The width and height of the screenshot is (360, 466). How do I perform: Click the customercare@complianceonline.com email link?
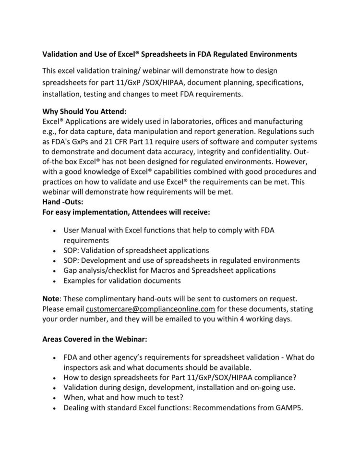(x=150, y=308)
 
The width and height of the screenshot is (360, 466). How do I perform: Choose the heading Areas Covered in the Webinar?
(x=95, y=338)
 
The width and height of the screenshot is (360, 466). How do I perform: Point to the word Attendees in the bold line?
(x=142, y=212)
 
